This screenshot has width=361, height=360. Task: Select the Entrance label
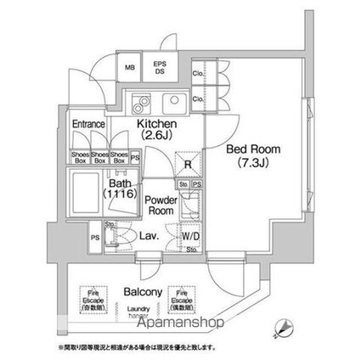(88, 124)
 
